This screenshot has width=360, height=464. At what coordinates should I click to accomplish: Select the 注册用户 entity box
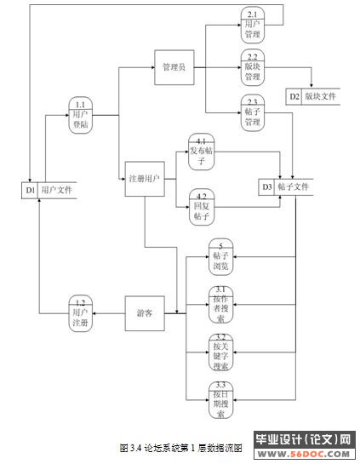coord(143,180)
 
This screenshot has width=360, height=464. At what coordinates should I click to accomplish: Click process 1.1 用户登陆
coord(81,117)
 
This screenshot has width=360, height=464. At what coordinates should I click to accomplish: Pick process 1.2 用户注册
coord(81,312)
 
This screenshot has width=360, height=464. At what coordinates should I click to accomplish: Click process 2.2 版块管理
coord(252,67)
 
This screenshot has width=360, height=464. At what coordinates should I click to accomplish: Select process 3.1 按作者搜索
coord(220,304)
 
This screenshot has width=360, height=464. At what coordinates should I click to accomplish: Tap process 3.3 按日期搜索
coord(220,399)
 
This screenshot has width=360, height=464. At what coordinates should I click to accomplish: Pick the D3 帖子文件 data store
coord(286,186)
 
